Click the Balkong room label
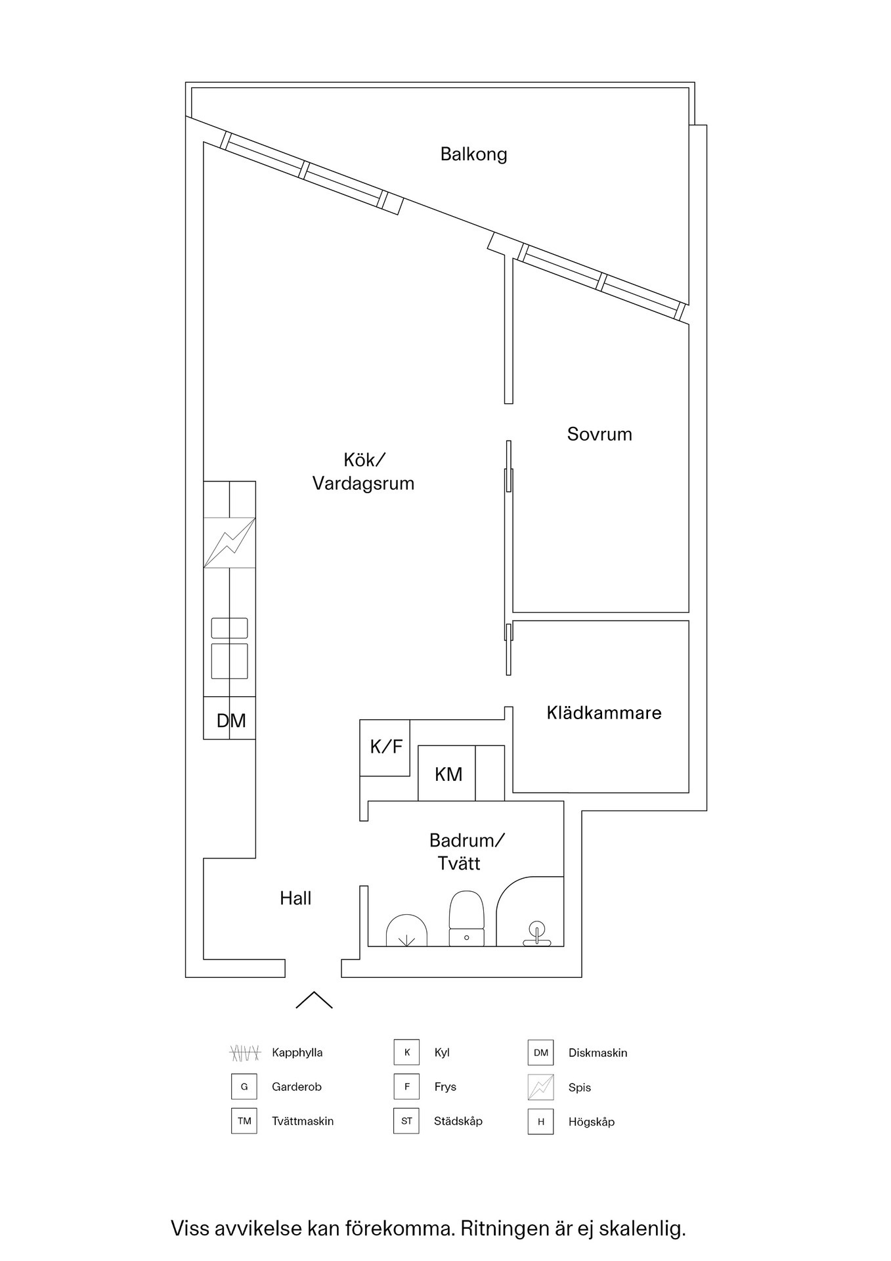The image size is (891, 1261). [x=473, y=154]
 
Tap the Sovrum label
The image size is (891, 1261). [x=599, y=434]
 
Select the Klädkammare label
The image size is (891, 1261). [x=604, y=713]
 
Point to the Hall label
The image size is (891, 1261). [x=295, y=898]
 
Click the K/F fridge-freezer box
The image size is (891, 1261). [x=385, y=747]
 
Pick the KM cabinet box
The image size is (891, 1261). [x=448, y=774]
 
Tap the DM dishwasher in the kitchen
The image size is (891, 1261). [x=230, y=720]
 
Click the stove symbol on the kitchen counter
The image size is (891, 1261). [x=229, y=542]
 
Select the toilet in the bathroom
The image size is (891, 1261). [x=466, y=918]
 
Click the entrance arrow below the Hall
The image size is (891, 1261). [x=314, y=999]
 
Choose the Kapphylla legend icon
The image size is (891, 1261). [x=245, y=1053]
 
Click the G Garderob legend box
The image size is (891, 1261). [x=244, y=1087]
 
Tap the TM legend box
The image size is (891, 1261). [x=244, y=1121]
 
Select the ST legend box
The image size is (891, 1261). [x=406, y=1121]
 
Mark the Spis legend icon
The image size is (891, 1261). [x=540, y=1087]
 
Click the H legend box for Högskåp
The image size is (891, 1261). [x=540, y=1122]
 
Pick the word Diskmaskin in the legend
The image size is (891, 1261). [x=598, y=1053]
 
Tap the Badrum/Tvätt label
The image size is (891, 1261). [x=466, y=851]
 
